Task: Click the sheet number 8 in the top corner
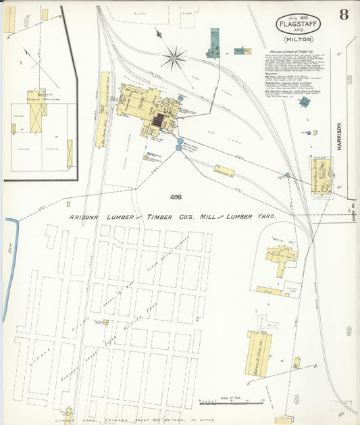(x=344, y=16)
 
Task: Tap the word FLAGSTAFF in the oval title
(x=298, y=25)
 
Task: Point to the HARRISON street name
(x=339, y=136)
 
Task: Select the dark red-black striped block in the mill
(x=159, y=121)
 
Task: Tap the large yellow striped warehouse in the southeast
(x=259, y=353)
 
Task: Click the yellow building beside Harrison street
(x=322, y=175)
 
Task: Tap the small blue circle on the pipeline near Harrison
(x=287, y=175)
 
